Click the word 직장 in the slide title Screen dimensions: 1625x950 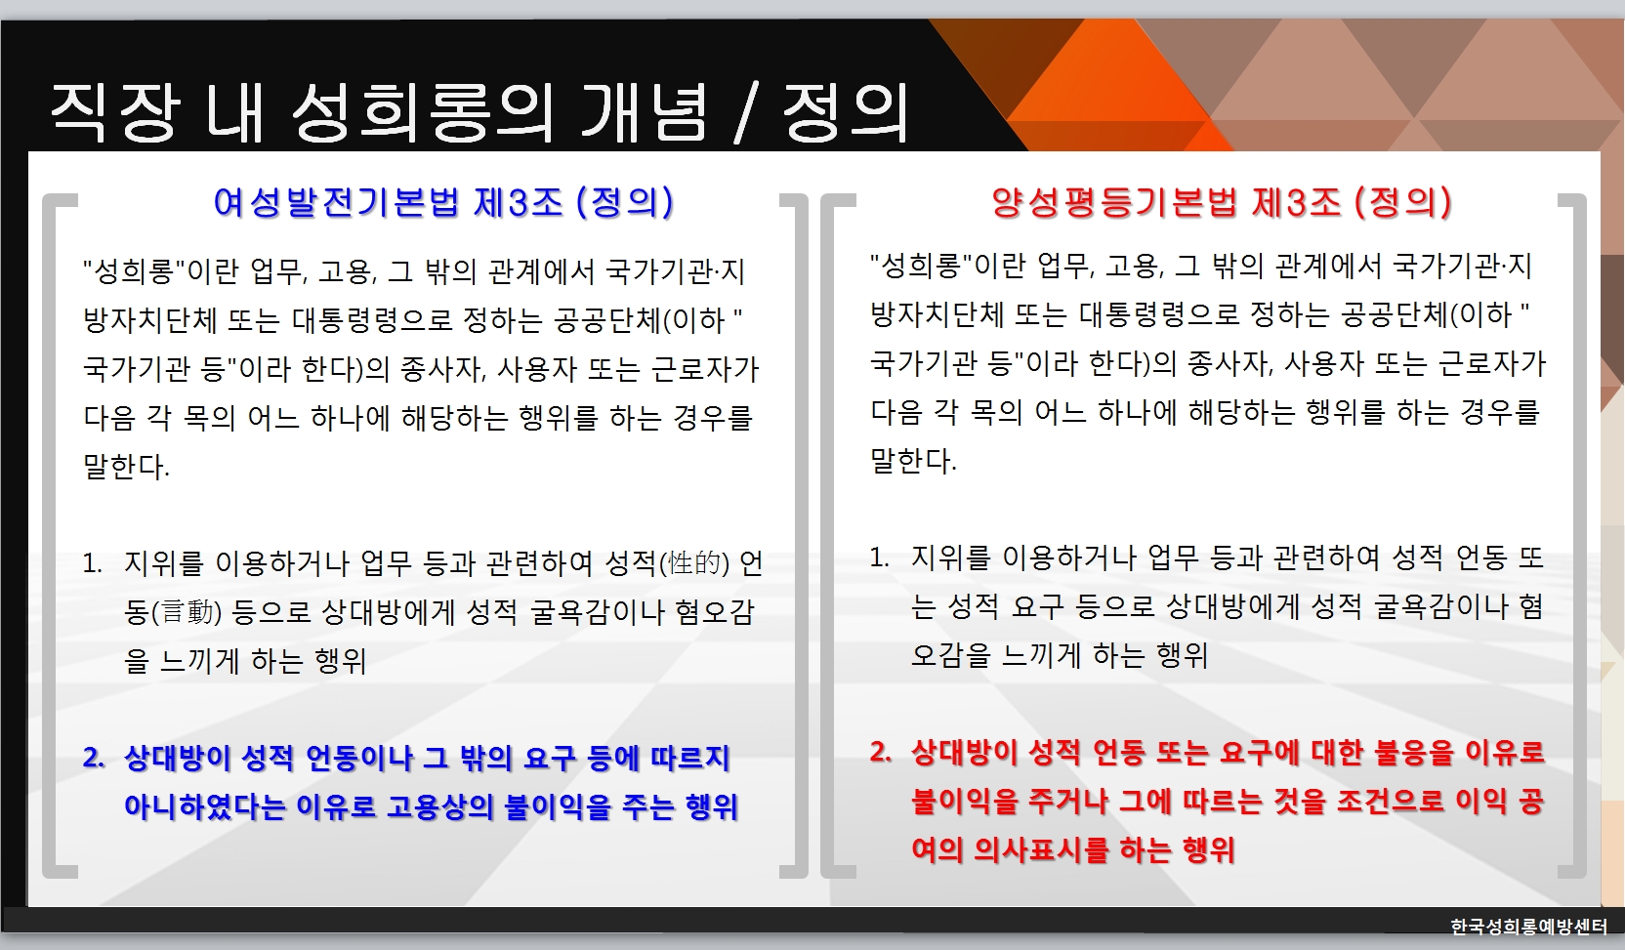(114, 112)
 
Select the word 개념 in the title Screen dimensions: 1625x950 (644, 112)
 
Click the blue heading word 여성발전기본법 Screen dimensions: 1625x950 (337, 201)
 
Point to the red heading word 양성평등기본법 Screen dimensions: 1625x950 (1114, 201)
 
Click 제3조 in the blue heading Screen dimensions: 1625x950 (518, 201)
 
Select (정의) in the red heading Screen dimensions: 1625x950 (1403, 201)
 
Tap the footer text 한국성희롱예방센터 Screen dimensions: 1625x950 (1528, 926)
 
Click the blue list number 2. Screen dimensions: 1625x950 (94, 757)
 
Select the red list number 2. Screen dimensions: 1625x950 (881, 752)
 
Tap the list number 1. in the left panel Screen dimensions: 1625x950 (92, 562)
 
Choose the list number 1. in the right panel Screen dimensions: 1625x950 (879, 558)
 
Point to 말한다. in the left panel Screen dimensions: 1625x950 (126, 466)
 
